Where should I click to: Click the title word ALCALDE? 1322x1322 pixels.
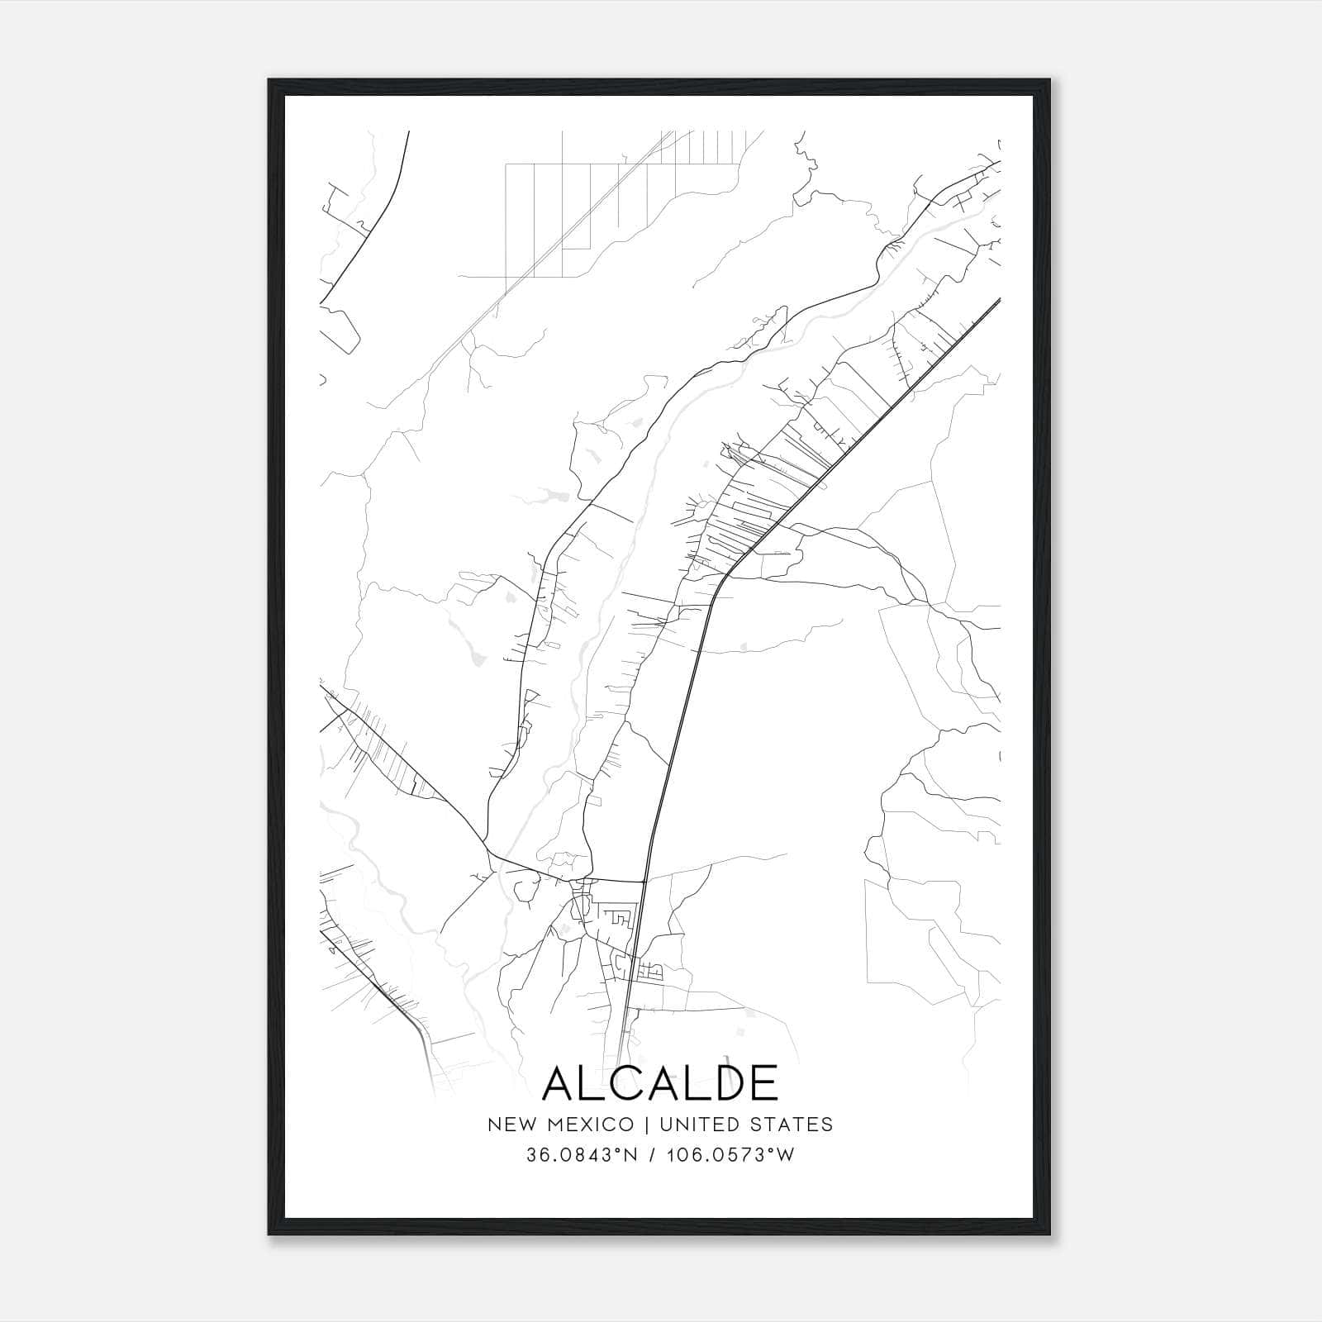click(x=660, y=1082)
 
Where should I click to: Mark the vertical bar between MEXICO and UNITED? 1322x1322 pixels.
click(x=642, y=1125)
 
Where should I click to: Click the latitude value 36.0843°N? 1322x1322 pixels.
click(x=583, y=1155)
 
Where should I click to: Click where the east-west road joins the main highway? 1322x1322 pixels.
click(x=644, y=881)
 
